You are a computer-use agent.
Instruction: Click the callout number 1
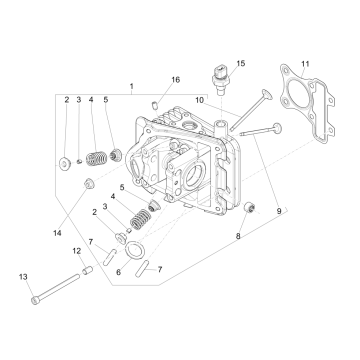(131, 87)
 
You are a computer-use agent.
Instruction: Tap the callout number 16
(176, 79)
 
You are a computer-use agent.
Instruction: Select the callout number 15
(239, 63)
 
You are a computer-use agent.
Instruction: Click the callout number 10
(200, 99)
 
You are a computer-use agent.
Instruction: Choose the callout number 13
(22, 275)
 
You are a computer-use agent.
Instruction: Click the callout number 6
(118, 271)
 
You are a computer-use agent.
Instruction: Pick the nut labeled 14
(88, 183)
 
